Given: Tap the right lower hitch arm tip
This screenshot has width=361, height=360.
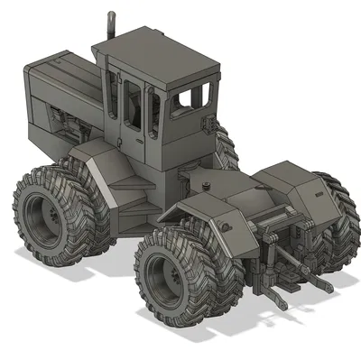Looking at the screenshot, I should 325,286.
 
